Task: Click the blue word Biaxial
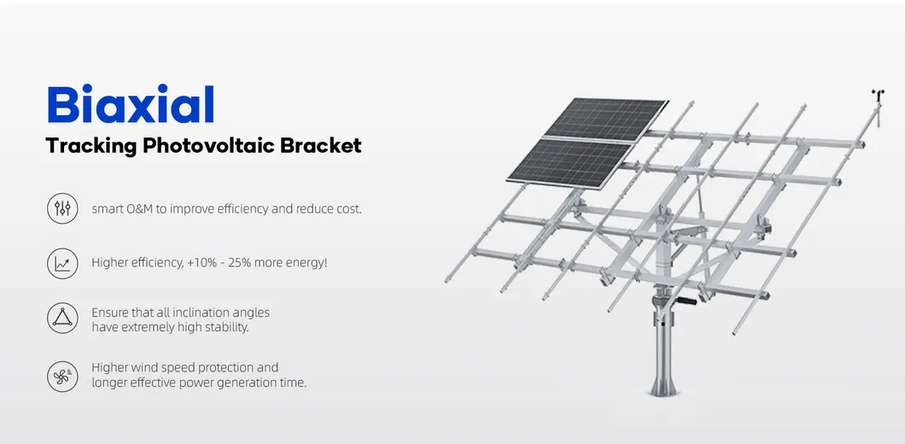(x=130, y=105)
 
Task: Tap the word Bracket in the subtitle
(x=321, y=146)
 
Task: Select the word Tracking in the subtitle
(x=91, y=146)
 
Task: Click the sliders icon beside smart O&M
(x=62, y=208)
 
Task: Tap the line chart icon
(x=62, y=263)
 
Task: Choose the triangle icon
(x=62, y=318)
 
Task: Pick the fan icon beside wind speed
(x=62, y=375)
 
